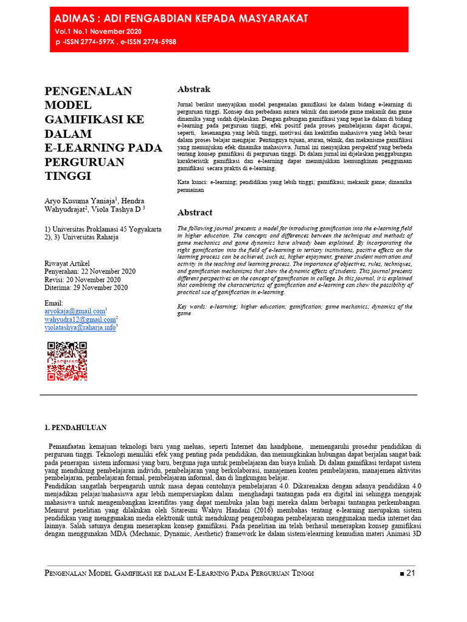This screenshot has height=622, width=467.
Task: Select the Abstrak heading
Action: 193,89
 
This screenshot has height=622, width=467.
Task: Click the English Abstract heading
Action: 195,213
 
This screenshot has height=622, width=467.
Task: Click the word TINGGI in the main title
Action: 68,176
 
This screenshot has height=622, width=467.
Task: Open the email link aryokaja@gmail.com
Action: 74,311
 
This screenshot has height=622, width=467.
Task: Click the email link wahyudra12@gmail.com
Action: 80,320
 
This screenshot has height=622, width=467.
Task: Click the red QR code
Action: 66,361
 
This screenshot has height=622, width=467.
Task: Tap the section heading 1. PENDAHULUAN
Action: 76,428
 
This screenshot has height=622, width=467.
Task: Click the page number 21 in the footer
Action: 409,573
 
